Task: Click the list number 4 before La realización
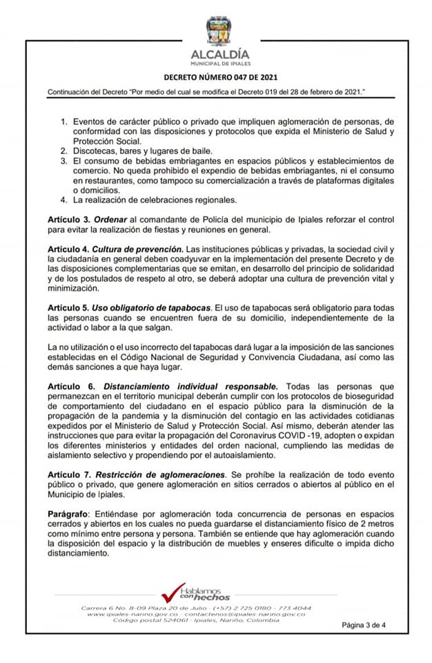coord(63,200)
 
